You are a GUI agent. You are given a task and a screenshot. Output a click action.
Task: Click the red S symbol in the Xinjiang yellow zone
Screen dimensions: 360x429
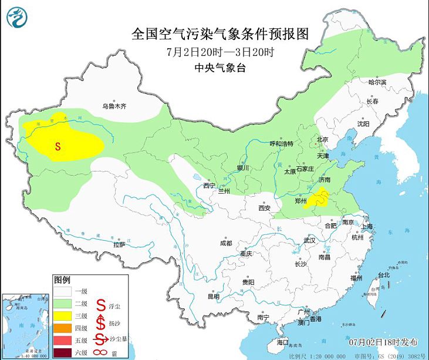click(58, 146)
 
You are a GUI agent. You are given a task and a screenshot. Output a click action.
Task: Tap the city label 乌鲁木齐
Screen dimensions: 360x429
click(114, 106)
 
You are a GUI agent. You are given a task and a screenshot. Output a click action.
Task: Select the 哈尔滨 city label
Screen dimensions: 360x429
click(377, 83)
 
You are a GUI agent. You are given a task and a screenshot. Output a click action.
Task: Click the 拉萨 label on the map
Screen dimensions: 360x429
click(119, 244)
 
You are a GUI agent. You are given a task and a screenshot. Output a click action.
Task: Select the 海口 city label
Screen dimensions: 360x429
click(283, 342)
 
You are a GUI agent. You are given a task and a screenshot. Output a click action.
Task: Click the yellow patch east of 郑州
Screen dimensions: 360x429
click(320, 200)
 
